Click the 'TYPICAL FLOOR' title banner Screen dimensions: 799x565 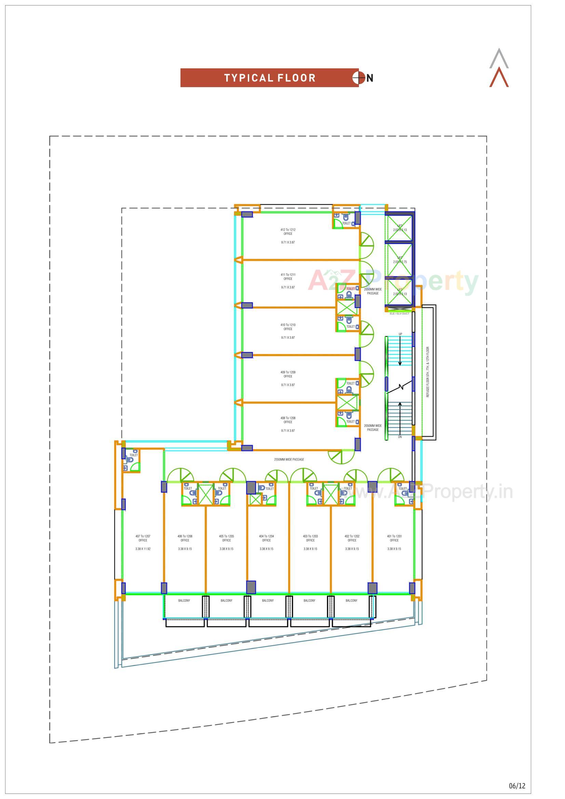click(x=269, y=78)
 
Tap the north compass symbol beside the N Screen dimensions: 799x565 click(x=358, y=78)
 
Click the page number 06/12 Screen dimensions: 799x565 click(x=517, y=786)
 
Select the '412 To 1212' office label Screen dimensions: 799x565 click(x=288, y=230)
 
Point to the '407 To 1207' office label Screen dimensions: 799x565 click(x=143, y=536)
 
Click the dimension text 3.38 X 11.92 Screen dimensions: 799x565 click(x=143, y=549)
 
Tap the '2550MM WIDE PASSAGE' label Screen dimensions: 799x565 click(x=289, y=459)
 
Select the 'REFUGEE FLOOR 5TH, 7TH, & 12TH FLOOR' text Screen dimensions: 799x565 click(x=428, y=372)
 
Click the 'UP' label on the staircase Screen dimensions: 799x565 click(x=400, y=334)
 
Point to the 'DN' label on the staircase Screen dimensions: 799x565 click(x=400, y=437)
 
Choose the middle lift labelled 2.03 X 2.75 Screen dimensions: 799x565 click(x=400, y=260)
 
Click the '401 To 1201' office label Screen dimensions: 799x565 click(x=394, y=536)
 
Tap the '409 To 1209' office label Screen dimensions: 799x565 click(x=288, y=373)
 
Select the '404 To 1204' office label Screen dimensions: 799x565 click(x=266, y=536)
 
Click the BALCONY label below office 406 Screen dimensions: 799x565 click(x=184, y=600)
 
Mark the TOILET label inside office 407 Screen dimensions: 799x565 click(x=134, y=455)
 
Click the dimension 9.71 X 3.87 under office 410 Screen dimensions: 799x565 click(x=288, y=338)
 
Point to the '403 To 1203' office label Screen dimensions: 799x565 click(x=310, y=536)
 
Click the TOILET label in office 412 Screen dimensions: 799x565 click(x=346, y=224)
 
